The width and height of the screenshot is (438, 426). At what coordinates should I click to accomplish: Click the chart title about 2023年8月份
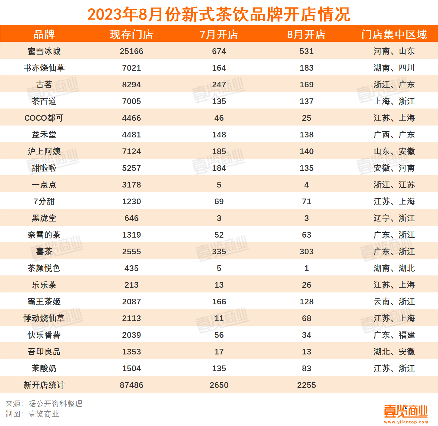219,14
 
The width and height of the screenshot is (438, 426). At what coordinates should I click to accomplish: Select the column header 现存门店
131,35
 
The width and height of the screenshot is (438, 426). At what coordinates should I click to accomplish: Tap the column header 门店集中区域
394,35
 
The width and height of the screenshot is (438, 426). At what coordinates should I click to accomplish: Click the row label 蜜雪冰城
44,51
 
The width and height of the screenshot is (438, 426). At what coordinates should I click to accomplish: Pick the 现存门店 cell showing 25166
131,51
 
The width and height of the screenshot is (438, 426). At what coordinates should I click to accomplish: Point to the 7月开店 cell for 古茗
219,85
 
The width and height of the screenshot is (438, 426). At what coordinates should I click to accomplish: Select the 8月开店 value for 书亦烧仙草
306,68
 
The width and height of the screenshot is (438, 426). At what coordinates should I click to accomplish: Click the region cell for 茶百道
394,101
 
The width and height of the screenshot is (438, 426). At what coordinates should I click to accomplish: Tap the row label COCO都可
44,118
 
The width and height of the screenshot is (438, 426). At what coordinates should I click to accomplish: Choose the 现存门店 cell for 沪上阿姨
131,151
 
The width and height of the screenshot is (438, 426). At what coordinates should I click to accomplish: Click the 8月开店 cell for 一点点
306,185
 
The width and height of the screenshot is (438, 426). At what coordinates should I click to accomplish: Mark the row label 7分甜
44,202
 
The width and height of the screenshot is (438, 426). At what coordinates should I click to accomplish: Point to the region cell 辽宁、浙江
394,218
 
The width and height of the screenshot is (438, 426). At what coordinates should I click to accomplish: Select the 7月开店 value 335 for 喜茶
219,252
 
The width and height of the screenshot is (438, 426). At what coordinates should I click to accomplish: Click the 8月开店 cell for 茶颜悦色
306,268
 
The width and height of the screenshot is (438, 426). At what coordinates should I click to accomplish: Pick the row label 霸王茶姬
44,302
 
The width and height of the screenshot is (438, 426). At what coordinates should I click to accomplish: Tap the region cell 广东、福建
394,335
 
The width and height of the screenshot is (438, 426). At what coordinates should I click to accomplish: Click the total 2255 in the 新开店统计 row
306,385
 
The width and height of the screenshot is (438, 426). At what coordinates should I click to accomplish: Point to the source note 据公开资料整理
55,404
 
